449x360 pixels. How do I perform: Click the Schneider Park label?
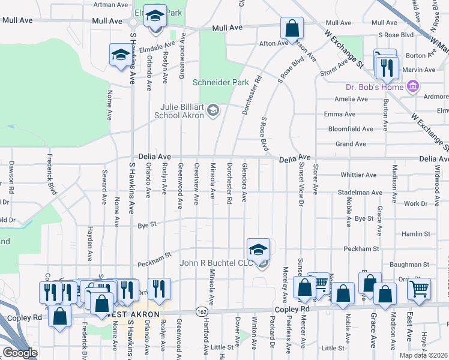point(220,82)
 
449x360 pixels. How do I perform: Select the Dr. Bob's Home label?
point(379,87)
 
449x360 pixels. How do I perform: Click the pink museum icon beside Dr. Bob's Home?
point(412,87)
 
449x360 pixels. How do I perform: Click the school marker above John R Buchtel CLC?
point(259,249)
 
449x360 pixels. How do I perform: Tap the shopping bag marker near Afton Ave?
point(292,28)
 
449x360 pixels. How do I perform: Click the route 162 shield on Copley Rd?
point(201,311)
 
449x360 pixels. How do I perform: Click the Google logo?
point(20,353)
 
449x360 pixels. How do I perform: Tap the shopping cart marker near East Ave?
point(419,289)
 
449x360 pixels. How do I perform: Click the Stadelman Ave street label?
point(360,193)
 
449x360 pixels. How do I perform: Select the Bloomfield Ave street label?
point(351,129)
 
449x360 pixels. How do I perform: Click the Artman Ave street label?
point(111,4)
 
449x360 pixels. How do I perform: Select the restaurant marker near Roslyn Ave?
point(159,289)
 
